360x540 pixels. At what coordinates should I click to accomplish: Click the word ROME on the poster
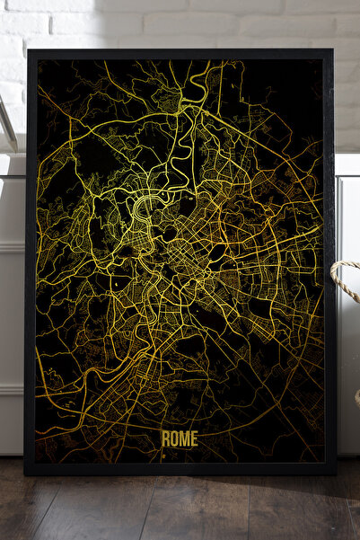(179, 438)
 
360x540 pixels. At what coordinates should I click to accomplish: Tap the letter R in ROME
(165, 438)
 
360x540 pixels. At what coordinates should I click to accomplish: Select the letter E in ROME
(193, 438)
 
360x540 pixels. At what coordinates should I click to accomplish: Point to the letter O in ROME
(173, 438)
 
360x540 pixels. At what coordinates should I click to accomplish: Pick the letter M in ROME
(183, 438)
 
